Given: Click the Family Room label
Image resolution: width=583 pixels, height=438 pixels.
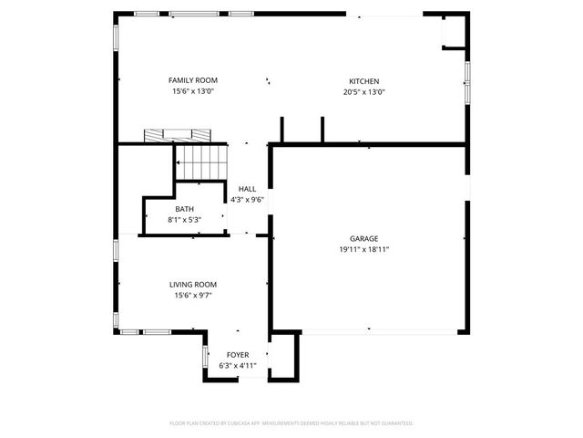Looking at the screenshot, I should (x=193, y=80).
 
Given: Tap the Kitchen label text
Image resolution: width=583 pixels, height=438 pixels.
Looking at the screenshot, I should (x=364, y=80).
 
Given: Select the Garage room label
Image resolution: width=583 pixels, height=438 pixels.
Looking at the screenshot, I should (x=364, y=238).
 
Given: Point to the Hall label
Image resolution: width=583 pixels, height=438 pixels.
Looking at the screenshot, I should (x=247, y=188).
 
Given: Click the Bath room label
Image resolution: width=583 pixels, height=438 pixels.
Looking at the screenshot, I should (x=184, y=209).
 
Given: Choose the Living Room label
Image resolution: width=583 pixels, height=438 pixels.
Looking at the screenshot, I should (x=193, y=285).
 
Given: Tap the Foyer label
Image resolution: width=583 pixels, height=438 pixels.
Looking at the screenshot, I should (x=238, y=354).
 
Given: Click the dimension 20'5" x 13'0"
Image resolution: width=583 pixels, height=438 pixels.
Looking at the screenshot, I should (x=364, y=91).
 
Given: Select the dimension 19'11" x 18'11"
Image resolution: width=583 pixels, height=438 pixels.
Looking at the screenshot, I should (x=364, y=249).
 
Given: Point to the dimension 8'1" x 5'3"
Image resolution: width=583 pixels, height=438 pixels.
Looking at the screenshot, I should (x=184, y=220).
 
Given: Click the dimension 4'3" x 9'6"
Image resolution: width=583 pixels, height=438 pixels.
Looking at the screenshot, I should (x=247, y=199).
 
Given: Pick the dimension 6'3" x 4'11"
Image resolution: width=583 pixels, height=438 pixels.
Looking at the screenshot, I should (x=238, y=365).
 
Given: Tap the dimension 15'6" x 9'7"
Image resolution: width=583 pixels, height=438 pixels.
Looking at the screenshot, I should (x=193, y=296).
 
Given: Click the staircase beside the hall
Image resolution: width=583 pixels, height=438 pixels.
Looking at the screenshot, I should (x=201, y=163).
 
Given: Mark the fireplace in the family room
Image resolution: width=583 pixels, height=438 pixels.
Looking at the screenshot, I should (x=173, y=135).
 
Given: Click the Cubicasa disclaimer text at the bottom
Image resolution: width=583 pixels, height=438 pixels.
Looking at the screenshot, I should (x=291, y=423).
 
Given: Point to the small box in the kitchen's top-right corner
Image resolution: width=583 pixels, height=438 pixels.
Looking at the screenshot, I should (x=453, y=32).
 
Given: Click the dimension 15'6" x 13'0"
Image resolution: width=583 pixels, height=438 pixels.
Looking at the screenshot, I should (x=193, y=91).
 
